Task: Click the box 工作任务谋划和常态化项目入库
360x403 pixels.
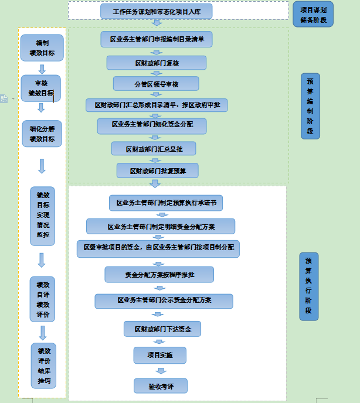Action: click(x=156, y=11)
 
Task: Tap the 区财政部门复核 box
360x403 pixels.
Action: click(x=156, y=63)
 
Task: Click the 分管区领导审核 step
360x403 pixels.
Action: click(x=156, y=84)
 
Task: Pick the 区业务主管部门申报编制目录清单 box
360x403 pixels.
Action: click(x=156, y=40)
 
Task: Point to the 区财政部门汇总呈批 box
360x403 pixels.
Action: click(x=154, y=149)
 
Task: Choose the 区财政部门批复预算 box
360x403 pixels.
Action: click(x=157, y=170)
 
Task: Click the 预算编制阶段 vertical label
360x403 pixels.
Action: click(x=310, y=106)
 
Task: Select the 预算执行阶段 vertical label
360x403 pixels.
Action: click(x=308, y=286)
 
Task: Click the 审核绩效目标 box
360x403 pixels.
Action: click(x=42, y=88)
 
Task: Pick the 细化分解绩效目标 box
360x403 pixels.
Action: click(x=42, y=134)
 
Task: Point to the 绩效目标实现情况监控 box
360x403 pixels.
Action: click(x=43, y=213)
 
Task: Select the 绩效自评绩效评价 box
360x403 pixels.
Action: click(x=43, y=299)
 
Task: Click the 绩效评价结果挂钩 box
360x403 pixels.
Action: click(x=43, y=365)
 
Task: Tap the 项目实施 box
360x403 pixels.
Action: click(x=159, y=356)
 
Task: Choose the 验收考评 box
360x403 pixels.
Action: click(x=159, y=385)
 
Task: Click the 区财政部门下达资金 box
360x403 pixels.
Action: click(x=162, y=329)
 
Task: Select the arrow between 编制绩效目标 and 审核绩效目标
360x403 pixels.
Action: click(x=42, y=69)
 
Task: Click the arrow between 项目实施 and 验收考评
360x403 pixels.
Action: click(x=159, y=371)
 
